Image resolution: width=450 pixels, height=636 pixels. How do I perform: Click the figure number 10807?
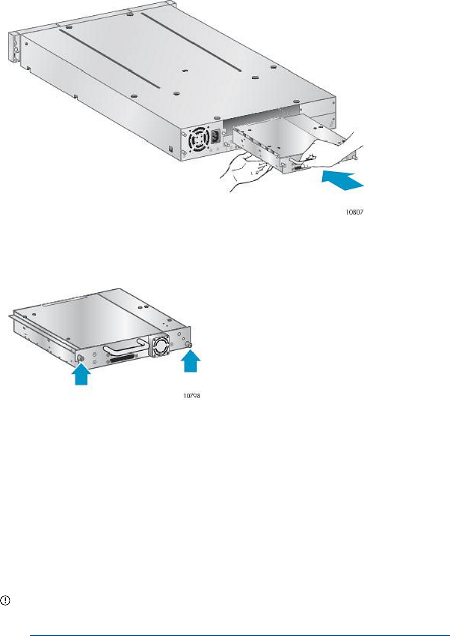point(354,212)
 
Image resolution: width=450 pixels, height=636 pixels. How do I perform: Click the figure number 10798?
point(192,396)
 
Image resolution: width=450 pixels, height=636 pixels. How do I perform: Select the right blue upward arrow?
point(190,361)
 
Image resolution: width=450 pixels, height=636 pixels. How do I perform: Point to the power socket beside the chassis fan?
point(216,137)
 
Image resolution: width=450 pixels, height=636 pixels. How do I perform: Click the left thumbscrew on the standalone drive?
point(81,358)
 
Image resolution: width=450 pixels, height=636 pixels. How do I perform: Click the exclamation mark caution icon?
point(5,600)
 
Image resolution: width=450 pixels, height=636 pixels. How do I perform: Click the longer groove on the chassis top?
point(191,42)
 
